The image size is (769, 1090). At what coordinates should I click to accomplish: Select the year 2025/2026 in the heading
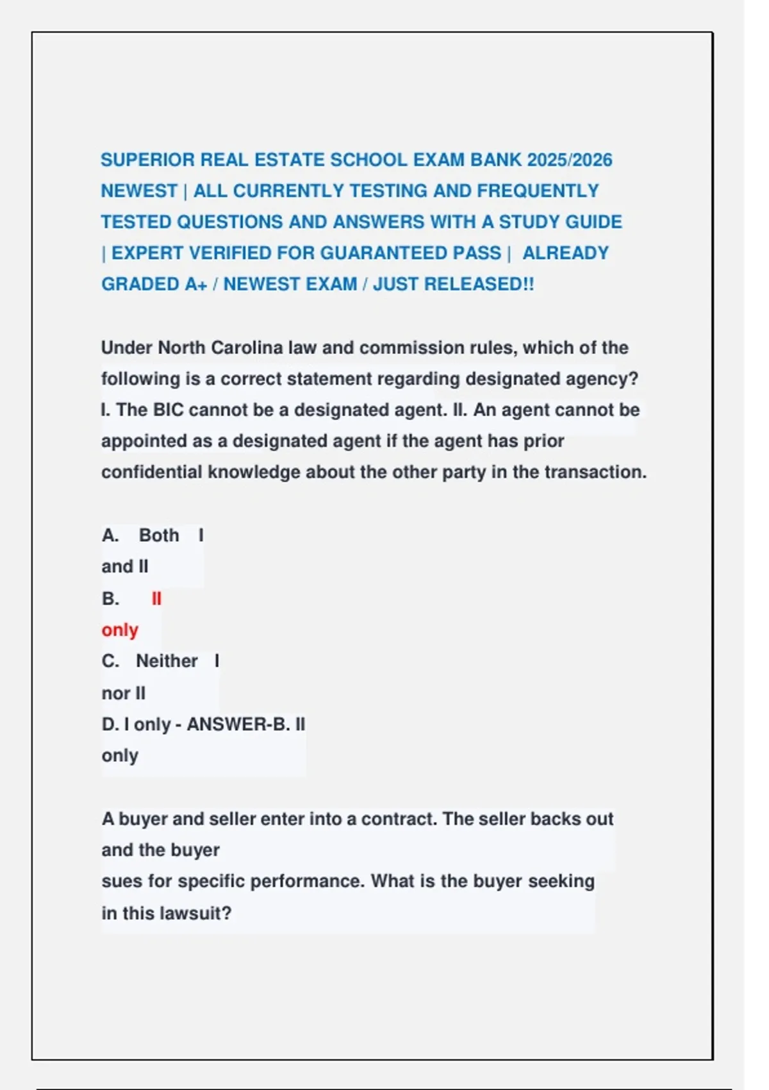tap(570, 160)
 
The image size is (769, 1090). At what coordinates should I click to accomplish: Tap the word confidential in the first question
tap(151, 472)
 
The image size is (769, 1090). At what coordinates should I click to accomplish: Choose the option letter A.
tap(110, 535)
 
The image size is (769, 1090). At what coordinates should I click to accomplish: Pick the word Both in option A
tap(159, 535)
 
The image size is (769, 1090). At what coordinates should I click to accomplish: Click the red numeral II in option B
tap(156, 599)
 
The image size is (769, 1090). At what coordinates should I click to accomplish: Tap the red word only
tap(120, 630)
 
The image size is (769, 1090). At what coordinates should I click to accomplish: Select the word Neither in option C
tap(167, 661)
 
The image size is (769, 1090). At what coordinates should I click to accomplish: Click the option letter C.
tap(110, 661)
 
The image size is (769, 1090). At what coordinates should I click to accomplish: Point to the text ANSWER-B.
tap(238, 725)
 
